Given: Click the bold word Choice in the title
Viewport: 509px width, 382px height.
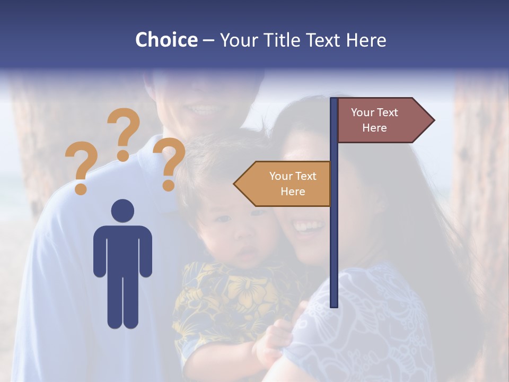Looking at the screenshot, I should (x=166, y=40).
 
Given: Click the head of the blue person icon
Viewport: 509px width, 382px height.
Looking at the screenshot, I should (x=122, y=211).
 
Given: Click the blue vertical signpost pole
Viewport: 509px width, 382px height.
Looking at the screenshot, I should (x=334, y=239).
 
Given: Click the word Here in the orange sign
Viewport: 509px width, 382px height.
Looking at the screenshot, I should (x=293, y=192).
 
